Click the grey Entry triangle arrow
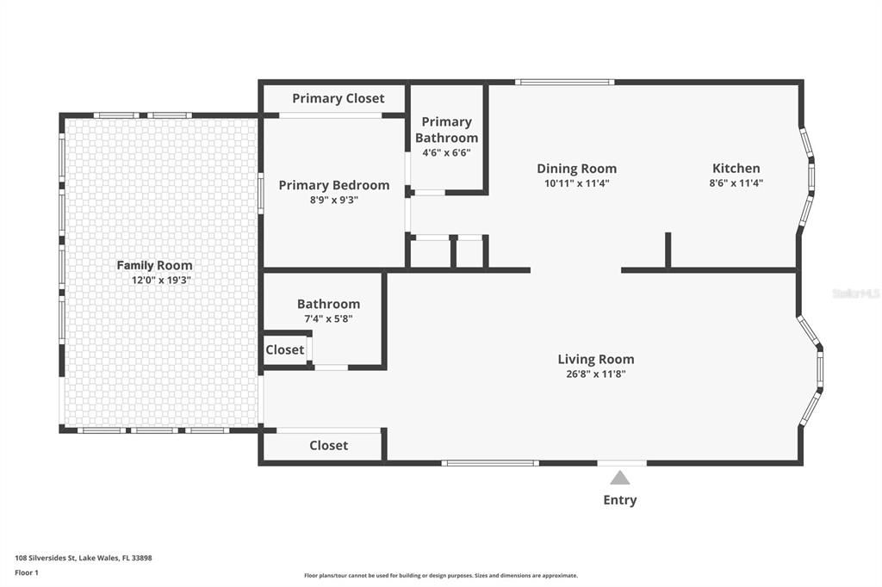click(x=620, y=478)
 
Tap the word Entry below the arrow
click(x=620, y=500)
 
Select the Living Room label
click(x=596, y=359)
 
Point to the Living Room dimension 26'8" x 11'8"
click(x=596, y=374)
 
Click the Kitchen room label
click(x=736, y=168)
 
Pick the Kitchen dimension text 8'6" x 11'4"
click(x=736, y=182)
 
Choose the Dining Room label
click(x=576, y=169)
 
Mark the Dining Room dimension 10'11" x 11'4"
click(x=576, y=183)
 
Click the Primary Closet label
click(x=338, y=98)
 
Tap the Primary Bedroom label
click(x=334, y=186)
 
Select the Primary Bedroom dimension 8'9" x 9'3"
click(x=334, y=201)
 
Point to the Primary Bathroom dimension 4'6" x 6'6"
click(x=447, y=152)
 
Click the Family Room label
click(x=154, y=265)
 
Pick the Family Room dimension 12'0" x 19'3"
click(x=161, y=280)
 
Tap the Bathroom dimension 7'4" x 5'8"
click(x=328, y=318)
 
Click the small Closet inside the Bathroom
click(x=284, y=349)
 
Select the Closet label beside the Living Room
click(x=328, y=445)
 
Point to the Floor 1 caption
click(x=27, y=573)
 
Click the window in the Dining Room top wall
click(x=565, y=83)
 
